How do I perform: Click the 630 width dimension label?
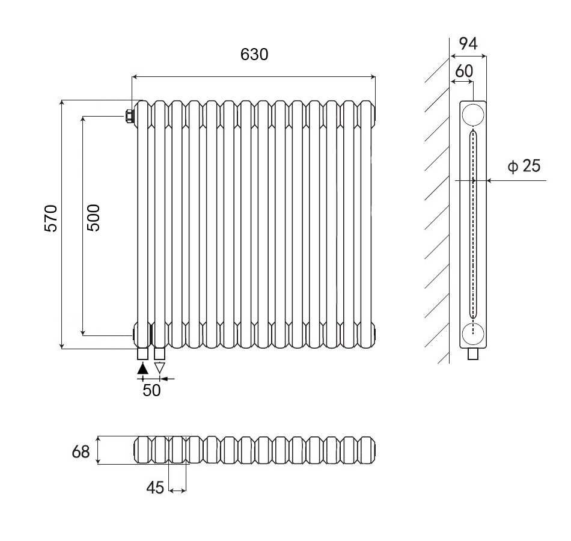pyautogui.click(x=254, y=54)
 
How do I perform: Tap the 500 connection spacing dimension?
pyautogui.click(x=94, y=218)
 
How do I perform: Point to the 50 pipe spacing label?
pyautogui.click(x=151, y=390)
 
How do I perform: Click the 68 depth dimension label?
pyautogui.click(x=81, y=451)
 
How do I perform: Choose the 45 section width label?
pyautogui.click(x=155, y=488)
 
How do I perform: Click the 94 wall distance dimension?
pyautogui.click(x=468, y=43)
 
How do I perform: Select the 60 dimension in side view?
pyautogui.click(x=463, y=71)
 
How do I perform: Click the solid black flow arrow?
pyautogui.click(x=142, y=368)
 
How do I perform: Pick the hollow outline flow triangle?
pyautogui.click(x=159, y=367)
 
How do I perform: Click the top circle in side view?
pyautogui.click(x=473, y=114)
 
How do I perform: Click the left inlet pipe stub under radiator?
pyautogui.click(x=142, y=353)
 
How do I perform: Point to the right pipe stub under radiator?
pyautogui.click(x=159, y=353)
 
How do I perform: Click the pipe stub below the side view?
pyautogui.click(x=474, y=354)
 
